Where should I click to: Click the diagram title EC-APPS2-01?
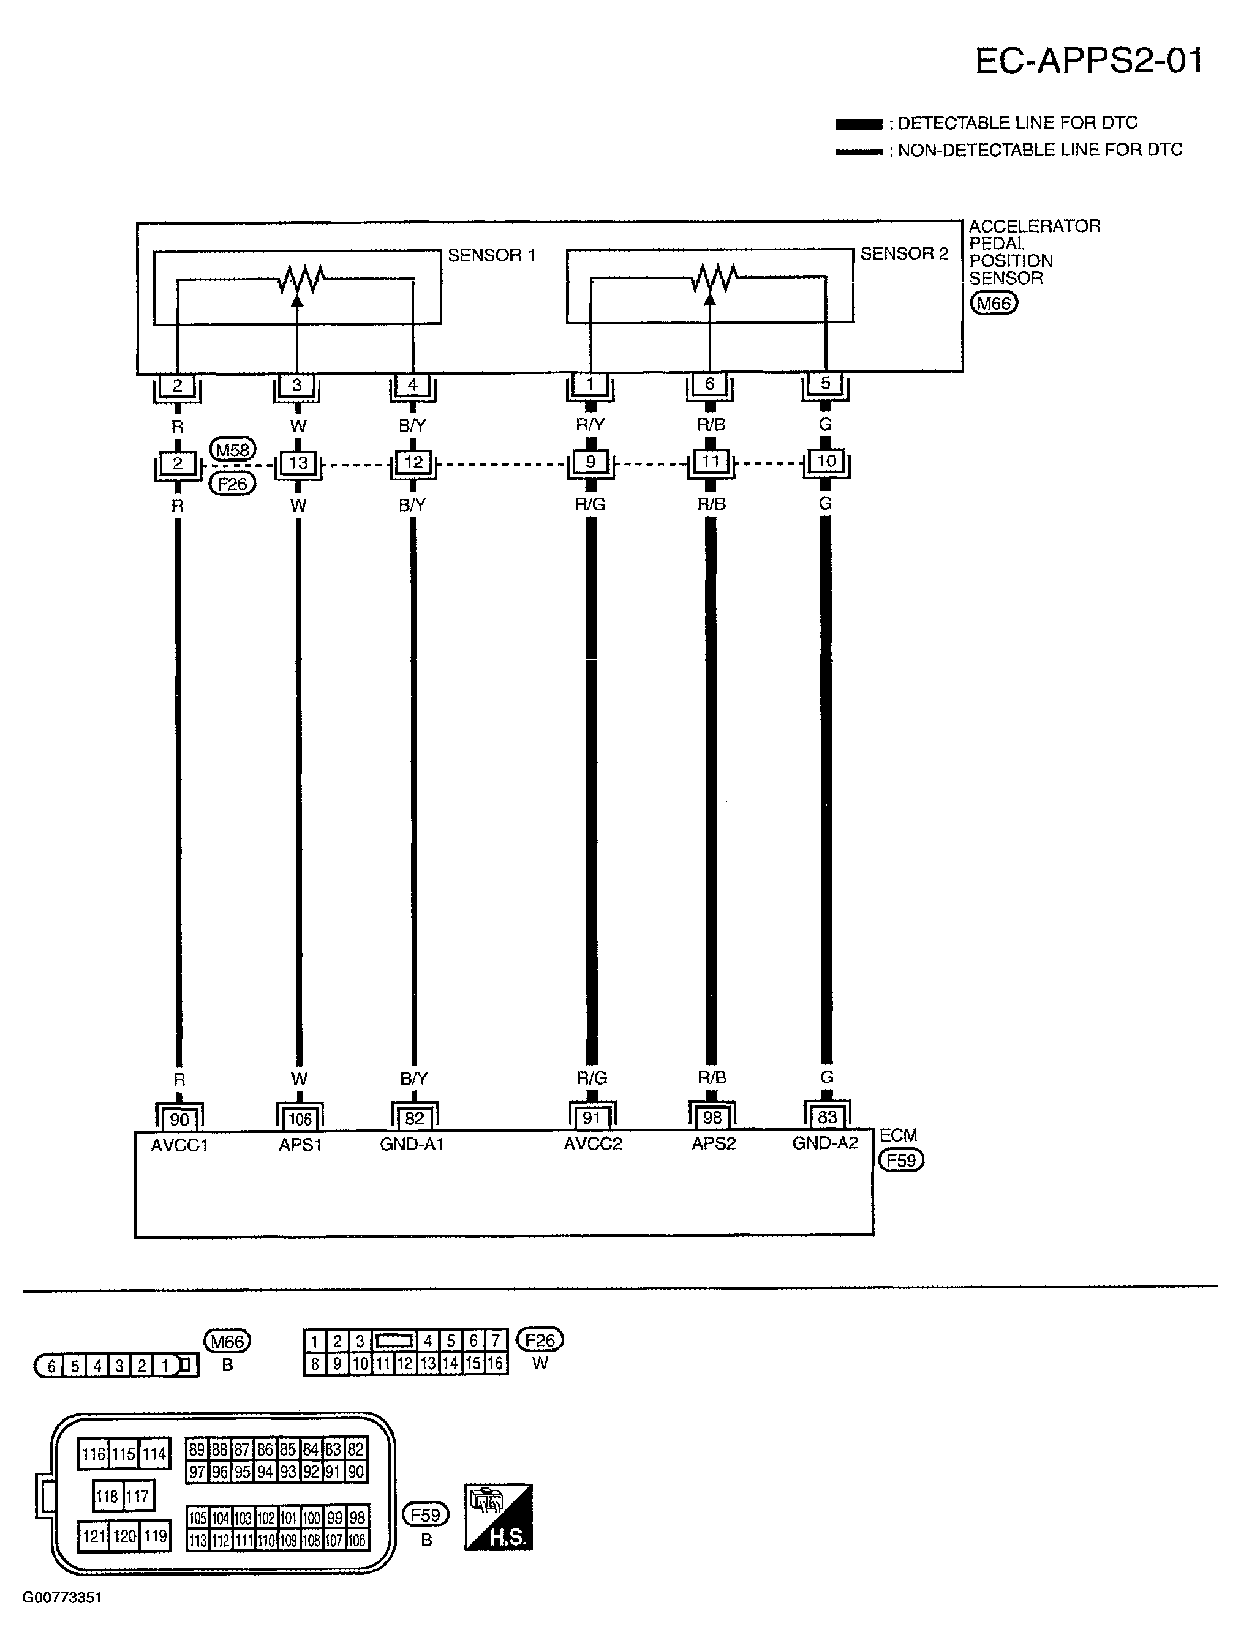pos(1089,61)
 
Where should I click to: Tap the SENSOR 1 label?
pos(491,256)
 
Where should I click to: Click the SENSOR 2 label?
pos(904,254)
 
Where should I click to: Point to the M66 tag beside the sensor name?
pos(994,304)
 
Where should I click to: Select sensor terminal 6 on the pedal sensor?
pos(709,383)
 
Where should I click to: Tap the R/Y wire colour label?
pos(590,424)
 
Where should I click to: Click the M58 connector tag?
pos(233,449)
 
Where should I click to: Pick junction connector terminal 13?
pos(298,463)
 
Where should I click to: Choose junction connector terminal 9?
pos(590,462)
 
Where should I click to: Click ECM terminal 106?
pos(299,1119)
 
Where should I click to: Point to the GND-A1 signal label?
pos(412,1144)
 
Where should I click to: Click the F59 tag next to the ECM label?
pos(902,1160)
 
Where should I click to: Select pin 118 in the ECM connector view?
pos(107,1495)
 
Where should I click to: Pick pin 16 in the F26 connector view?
pos(495,1364)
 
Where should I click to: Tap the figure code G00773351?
pos(61,1598)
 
